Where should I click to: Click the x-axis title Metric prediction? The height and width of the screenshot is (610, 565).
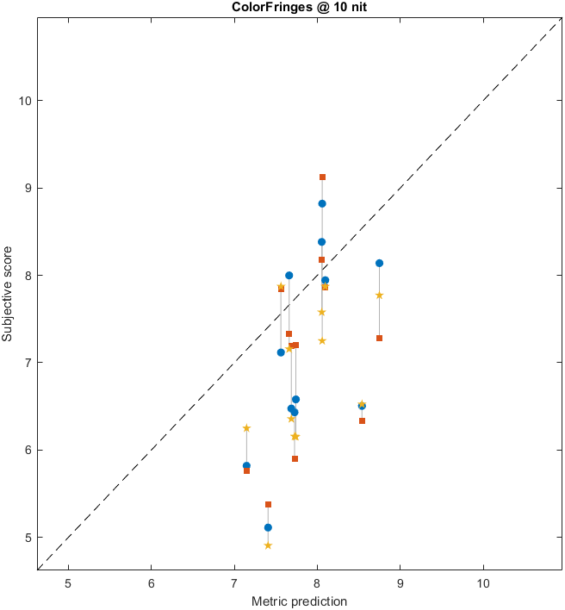(299, 601)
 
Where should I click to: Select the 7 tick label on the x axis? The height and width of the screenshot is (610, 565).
(234, 582)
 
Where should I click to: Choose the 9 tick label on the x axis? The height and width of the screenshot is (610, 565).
(400, 582)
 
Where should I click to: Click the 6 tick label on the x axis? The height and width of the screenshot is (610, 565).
(152, 582)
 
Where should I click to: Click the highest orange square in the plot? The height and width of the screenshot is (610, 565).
(322, 177)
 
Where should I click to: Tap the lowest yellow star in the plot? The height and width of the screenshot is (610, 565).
(268, 545)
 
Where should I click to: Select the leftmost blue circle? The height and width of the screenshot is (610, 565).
(246, 465)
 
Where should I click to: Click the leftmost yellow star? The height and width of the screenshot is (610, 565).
(246, 428)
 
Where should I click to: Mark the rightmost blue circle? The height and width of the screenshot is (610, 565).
(379, 263)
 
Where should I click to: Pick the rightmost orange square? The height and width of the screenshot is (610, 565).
(379, 338)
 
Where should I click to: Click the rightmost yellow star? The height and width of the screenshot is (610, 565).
(379, 296)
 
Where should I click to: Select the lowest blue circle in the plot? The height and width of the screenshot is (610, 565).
(268, 527)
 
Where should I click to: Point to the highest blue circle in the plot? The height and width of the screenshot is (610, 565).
(322, 203)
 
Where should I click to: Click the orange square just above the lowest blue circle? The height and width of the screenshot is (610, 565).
(268, 504)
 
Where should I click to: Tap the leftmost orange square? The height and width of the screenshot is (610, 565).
(246, 470)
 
